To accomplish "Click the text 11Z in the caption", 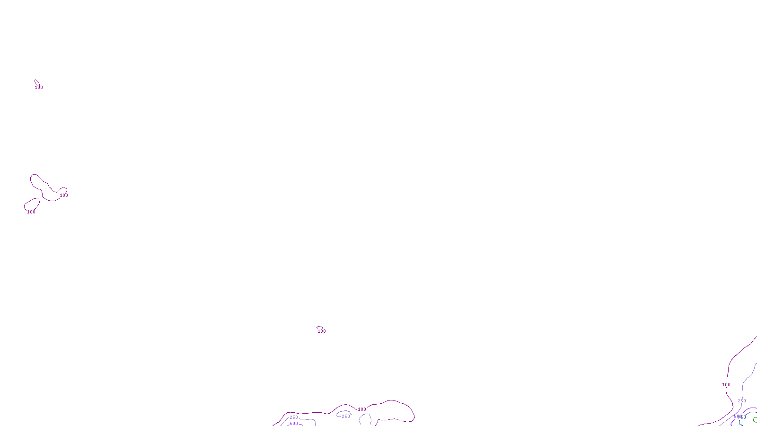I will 361,419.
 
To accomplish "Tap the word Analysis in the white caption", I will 391,419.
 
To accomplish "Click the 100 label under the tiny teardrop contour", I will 39,88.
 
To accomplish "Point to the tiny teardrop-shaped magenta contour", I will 36,82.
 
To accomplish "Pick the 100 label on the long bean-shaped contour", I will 64,195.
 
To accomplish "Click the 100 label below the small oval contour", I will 31,212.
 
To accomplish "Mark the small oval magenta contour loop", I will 32,204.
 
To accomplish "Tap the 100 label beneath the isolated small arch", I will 322,331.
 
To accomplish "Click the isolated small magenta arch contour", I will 320,327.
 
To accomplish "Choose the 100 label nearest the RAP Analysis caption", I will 362,409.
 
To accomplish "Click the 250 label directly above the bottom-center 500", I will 294,417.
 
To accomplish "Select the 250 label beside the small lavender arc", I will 346,417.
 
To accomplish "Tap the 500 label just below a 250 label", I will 294,424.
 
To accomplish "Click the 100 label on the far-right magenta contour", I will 726,385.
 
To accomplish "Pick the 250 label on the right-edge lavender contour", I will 741,401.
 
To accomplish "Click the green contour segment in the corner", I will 754,420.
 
